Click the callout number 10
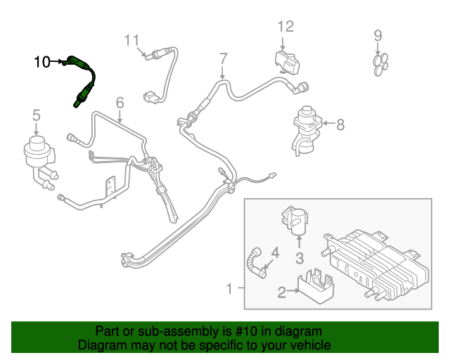click(41, 62)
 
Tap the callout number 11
click(133, 40)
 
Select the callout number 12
click(285, 27)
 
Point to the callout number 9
click(378, 35)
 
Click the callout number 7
click(223, 58)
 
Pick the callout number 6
click(120, 103)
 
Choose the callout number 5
click(36, 115)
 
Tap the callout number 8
click(340, 125)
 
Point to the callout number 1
click(229, 288)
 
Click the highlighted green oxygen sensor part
click(83, 81)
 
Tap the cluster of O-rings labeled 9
click(380, 63)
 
